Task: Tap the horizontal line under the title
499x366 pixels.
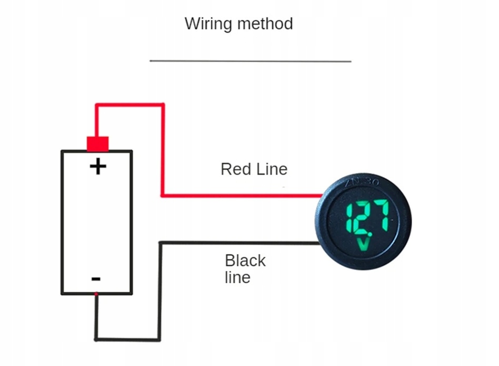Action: tap(250, 61)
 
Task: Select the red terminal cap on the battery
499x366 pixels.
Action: tap(97, 143)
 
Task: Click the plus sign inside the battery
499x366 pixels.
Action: tap(98, 167)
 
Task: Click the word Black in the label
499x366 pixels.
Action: tap(245, 261)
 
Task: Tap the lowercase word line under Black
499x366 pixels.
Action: tap(237, 277)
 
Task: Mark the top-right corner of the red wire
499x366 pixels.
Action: tap(163, 104)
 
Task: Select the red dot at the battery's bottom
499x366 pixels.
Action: tap(96, 293)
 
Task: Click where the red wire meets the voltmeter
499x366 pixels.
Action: tap(321, 196)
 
